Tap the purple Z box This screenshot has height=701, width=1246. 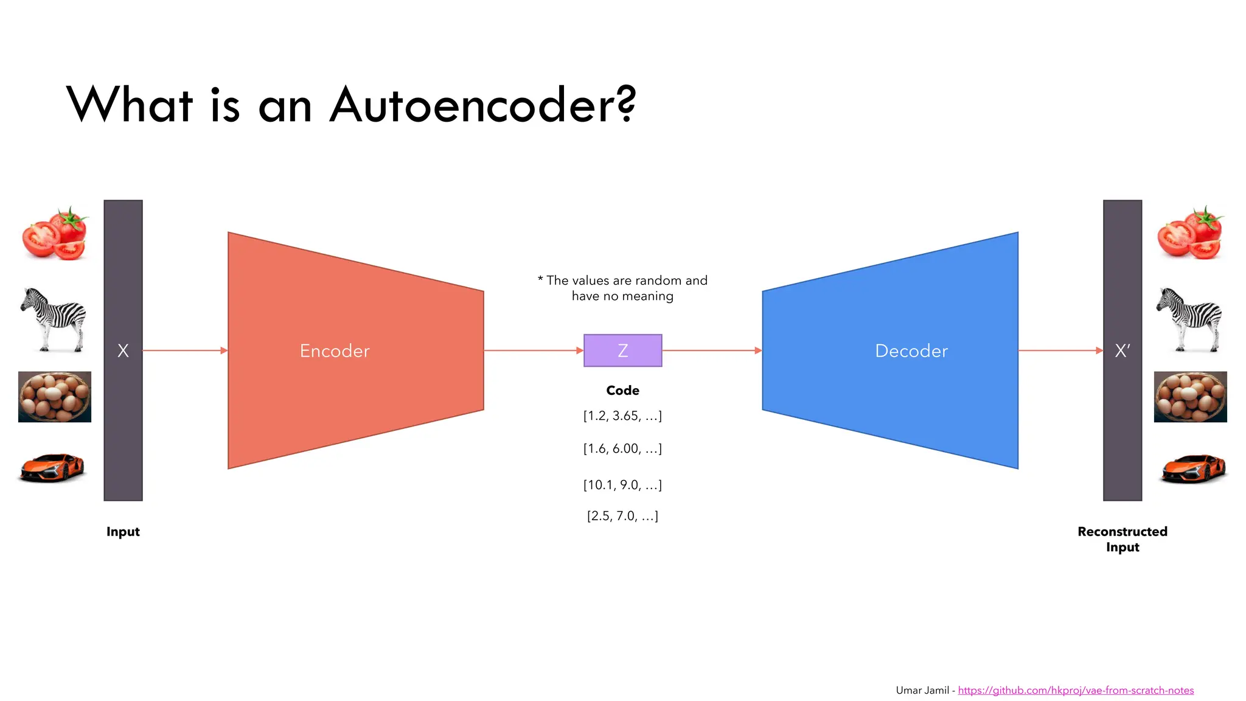coord(622,350)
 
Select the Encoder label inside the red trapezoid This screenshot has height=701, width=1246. coord(335,351)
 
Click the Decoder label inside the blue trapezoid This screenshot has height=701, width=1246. coord(911,351)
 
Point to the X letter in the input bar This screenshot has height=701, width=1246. coord(123,350)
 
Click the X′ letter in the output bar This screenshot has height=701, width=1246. coord(1122,350)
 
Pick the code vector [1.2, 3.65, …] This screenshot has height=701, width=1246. coord(622,416)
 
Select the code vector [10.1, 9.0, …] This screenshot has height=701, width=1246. coord(622,485)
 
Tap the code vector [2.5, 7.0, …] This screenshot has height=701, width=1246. coord(622,516)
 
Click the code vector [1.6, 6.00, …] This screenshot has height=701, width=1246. coord(622,448)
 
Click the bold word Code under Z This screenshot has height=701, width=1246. coord(622,391)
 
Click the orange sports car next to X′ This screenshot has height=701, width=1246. coord(1193,467)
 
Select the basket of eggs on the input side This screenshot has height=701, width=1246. coord(55,397)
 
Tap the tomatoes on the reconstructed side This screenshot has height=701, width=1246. coord(1191,234)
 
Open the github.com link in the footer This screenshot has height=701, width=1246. coord(1076,690)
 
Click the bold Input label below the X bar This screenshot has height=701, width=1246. coord(123,532)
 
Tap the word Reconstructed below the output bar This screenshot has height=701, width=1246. coord(1122,532)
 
